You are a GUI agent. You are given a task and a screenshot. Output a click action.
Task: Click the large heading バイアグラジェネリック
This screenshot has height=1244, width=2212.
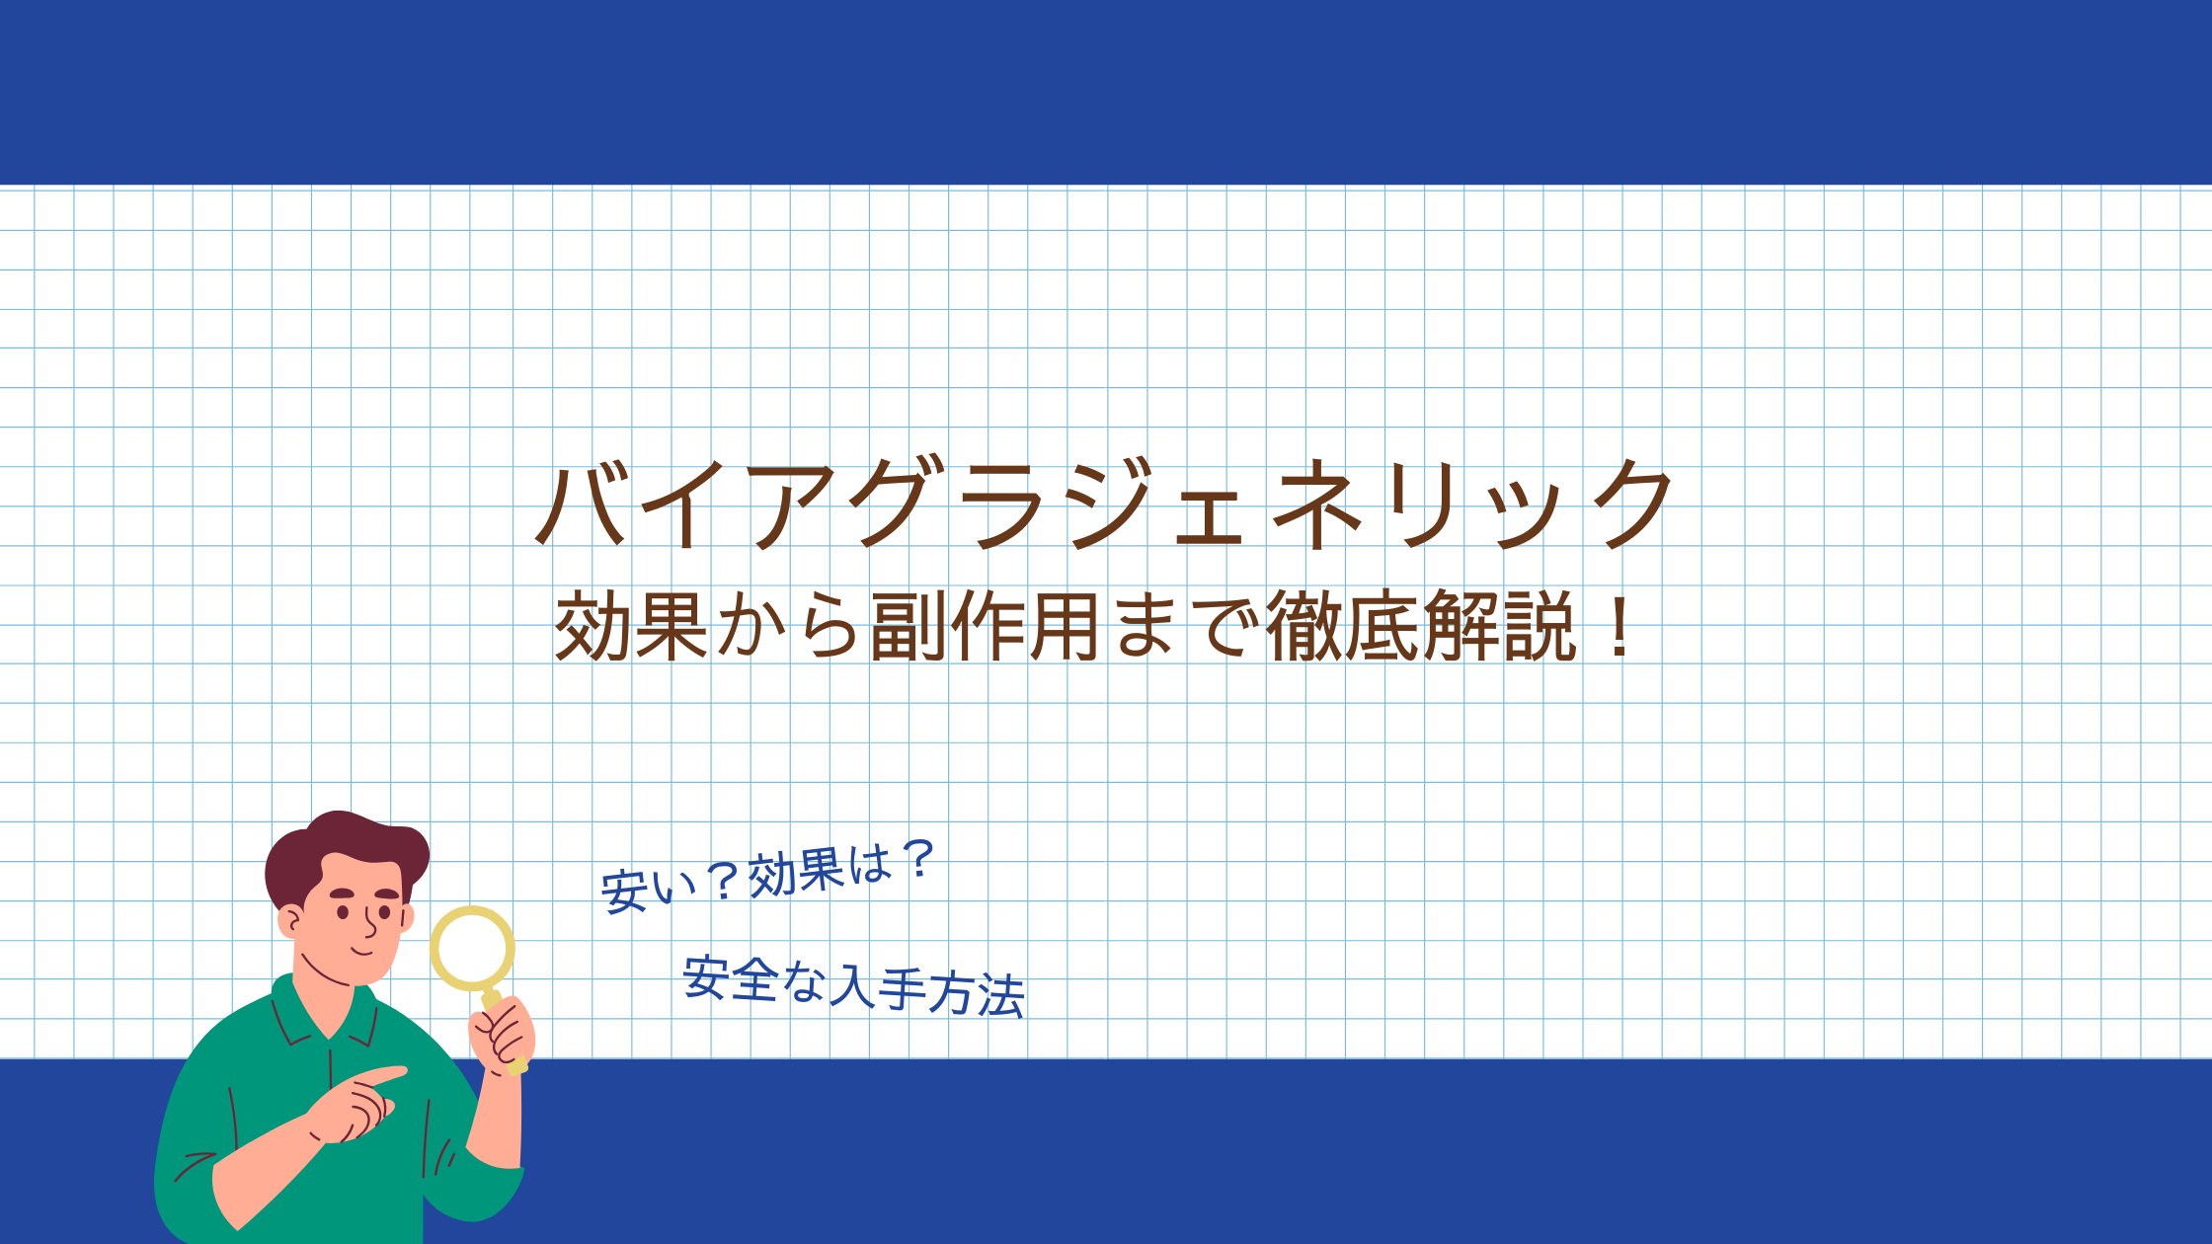(1104, 504)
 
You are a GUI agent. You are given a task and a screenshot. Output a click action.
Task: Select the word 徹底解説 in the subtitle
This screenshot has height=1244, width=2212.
(1420, 626)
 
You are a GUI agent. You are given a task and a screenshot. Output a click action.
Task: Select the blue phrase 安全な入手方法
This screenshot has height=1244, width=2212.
(853, 986)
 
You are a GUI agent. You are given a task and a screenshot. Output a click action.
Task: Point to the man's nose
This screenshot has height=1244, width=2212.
(370, 923)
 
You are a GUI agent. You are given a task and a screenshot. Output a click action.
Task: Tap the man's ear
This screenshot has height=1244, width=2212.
(290, 921)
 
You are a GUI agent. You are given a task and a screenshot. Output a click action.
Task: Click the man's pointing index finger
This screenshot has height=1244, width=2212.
(380, 1075)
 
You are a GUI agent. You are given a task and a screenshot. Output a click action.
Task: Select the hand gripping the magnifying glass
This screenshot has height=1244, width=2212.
(502, 1035)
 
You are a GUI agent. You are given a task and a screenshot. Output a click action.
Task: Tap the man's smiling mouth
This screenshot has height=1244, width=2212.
(363, 951)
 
